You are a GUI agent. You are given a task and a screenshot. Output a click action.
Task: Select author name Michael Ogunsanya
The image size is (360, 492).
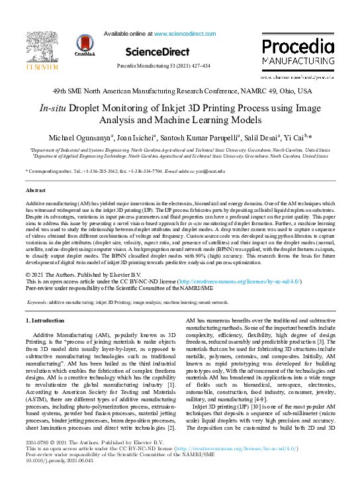[75, 137]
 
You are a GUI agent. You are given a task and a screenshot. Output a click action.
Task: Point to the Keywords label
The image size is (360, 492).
[36, 301]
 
